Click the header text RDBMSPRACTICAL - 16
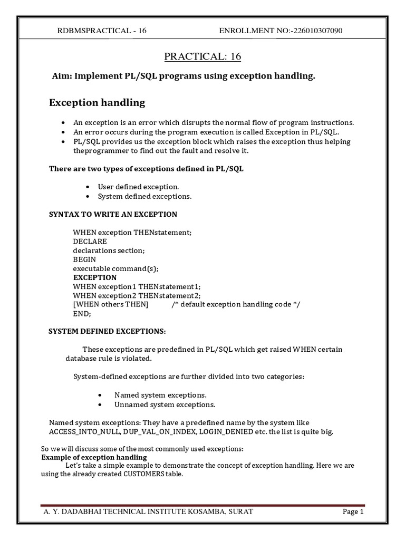[x=101, y=31]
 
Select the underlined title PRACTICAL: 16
[x=202, y=56]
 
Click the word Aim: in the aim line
[x=62, y=76]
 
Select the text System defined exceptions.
[x=144, y=196]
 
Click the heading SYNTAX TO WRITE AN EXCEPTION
[x=113, y=214]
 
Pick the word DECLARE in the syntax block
[x=90, y=241]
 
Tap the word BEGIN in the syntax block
[x=84, y=259]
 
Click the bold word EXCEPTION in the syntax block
[x=95, y=277]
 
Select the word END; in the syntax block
[x=82, y=313]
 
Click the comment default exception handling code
[x=236, y=304]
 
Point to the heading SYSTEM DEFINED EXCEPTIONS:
[x=107, y=331]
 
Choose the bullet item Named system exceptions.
[x=160, y=395]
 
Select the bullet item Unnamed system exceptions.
[x=165, y=404]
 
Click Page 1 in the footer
[x=353, y=512]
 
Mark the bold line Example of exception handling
[x=94, y=457]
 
